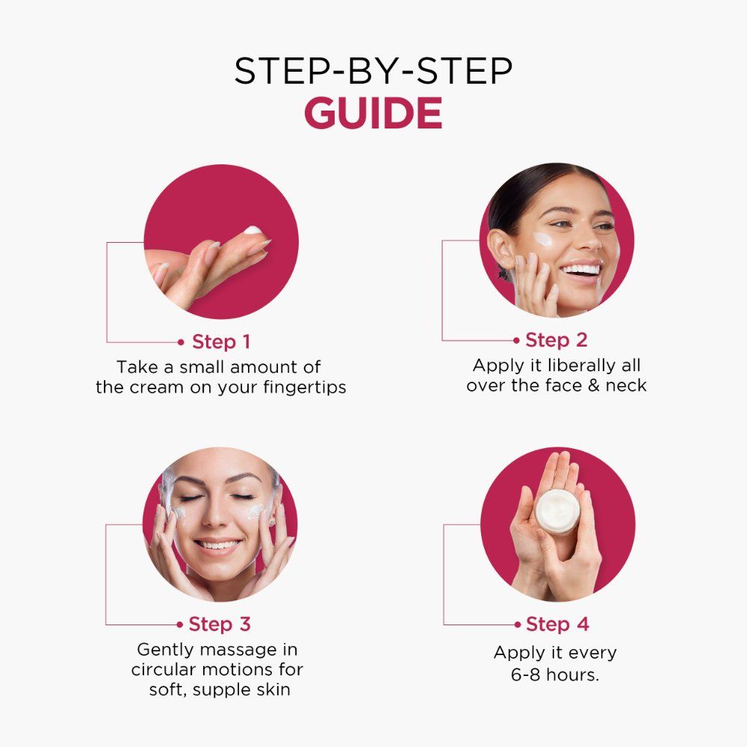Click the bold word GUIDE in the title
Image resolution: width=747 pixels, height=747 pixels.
pos(373,113)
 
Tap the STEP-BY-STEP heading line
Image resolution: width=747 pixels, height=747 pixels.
pos(373,71)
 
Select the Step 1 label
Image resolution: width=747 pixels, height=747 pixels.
pos(221,341)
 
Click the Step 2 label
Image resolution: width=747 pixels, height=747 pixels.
pos(556,340)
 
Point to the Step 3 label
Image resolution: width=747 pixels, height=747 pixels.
pos(220,624)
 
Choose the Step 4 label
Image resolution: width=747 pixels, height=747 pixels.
pos(557,624)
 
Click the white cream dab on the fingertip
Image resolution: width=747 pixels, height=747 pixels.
pos(253,231)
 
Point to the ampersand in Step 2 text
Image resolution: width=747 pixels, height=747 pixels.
pos(593,385)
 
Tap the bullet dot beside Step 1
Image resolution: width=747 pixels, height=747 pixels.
pos(181,342)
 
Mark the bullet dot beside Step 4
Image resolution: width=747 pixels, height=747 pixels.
pos(518,624)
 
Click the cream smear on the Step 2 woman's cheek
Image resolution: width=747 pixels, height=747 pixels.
pos(543,238)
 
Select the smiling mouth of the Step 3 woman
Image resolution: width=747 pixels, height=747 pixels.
pos(217,545)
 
